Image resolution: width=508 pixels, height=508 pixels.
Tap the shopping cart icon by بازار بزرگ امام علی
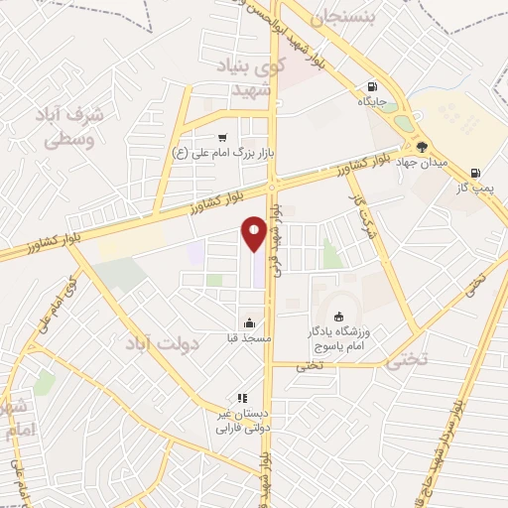coord(222,138)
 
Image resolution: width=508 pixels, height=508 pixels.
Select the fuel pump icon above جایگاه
coord(372,86)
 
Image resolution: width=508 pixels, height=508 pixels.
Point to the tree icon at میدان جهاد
coord(423,148)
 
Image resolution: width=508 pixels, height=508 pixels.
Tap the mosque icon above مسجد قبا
coord(248,322)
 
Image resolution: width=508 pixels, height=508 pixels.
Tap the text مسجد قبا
coord(248,337)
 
